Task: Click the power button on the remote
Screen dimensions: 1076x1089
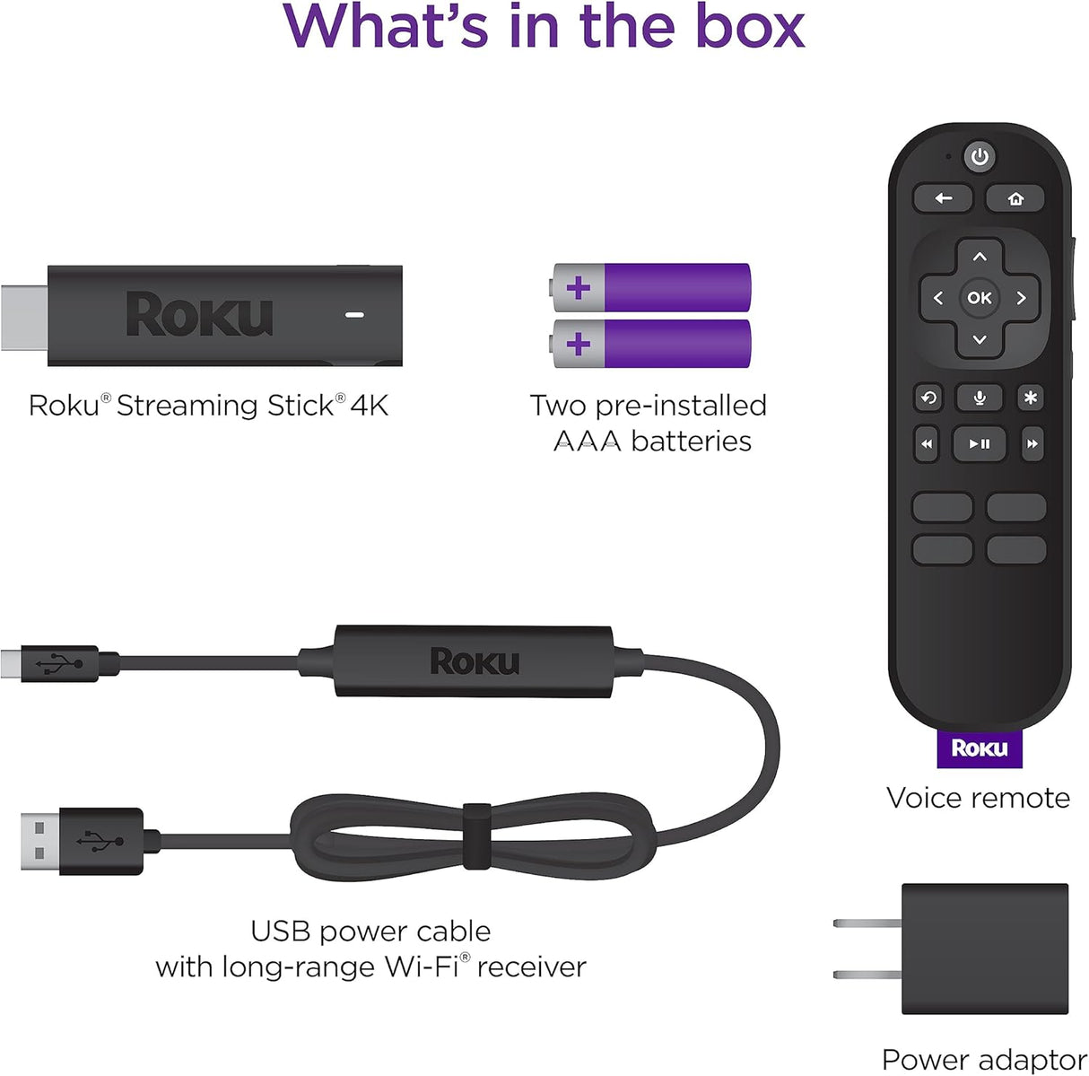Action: [980, 157]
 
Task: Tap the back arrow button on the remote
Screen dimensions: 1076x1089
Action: [943, 198]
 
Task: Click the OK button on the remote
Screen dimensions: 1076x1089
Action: [980, 298]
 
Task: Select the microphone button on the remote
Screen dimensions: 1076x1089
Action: [980, 398]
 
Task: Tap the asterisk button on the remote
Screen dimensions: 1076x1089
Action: [1031, 398]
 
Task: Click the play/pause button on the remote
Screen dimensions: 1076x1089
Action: [980, 443]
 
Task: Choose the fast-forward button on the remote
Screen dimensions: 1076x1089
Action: [1032, 443]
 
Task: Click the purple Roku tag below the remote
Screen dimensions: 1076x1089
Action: [980, 748]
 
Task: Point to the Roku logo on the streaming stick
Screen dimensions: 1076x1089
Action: [199, 315]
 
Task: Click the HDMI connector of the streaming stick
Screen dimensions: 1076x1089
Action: [24, 317]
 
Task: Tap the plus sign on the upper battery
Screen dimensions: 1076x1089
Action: [579, 288]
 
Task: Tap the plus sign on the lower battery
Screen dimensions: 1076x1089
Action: [579, 344]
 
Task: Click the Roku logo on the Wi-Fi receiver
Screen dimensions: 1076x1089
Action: [475, 662]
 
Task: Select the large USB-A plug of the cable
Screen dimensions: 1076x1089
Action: [40, 841]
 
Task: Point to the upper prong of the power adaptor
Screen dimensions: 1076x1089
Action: [867, 923]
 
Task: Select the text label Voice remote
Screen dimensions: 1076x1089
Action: [978, 798]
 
